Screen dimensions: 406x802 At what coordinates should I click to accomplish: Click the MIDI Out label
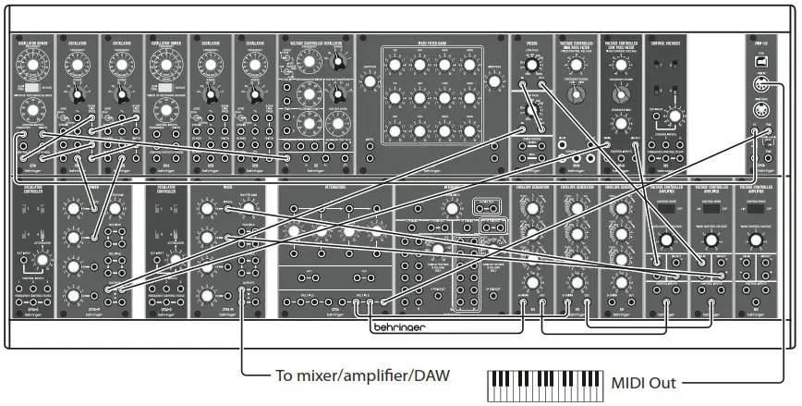(x=642, y=381)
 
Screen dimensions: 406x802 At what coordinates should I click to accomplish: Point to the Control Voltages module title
(x=670, y=42)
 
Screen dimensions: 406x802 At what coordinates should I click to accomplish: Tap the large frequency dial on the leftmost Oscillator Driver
(x=34, y=65)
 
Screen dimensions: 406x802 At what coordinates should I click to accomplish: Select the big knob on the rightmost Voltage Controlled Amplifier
(x=755, y=240)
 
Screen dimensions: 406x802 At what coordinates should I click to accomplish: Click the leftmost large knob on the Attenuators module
(x=295, y=231)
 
